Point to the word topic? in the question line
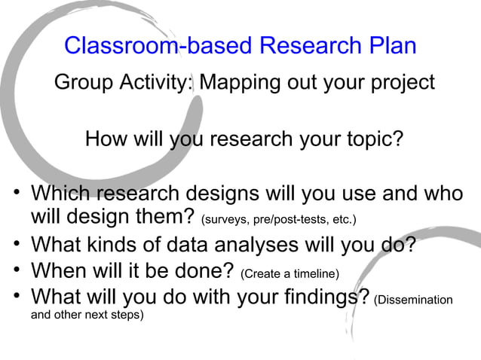coord(367,139)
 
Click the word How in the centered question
coord(107,139)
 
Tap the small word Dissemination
coord(415,300)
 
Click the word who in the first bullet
coord(444,194)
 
